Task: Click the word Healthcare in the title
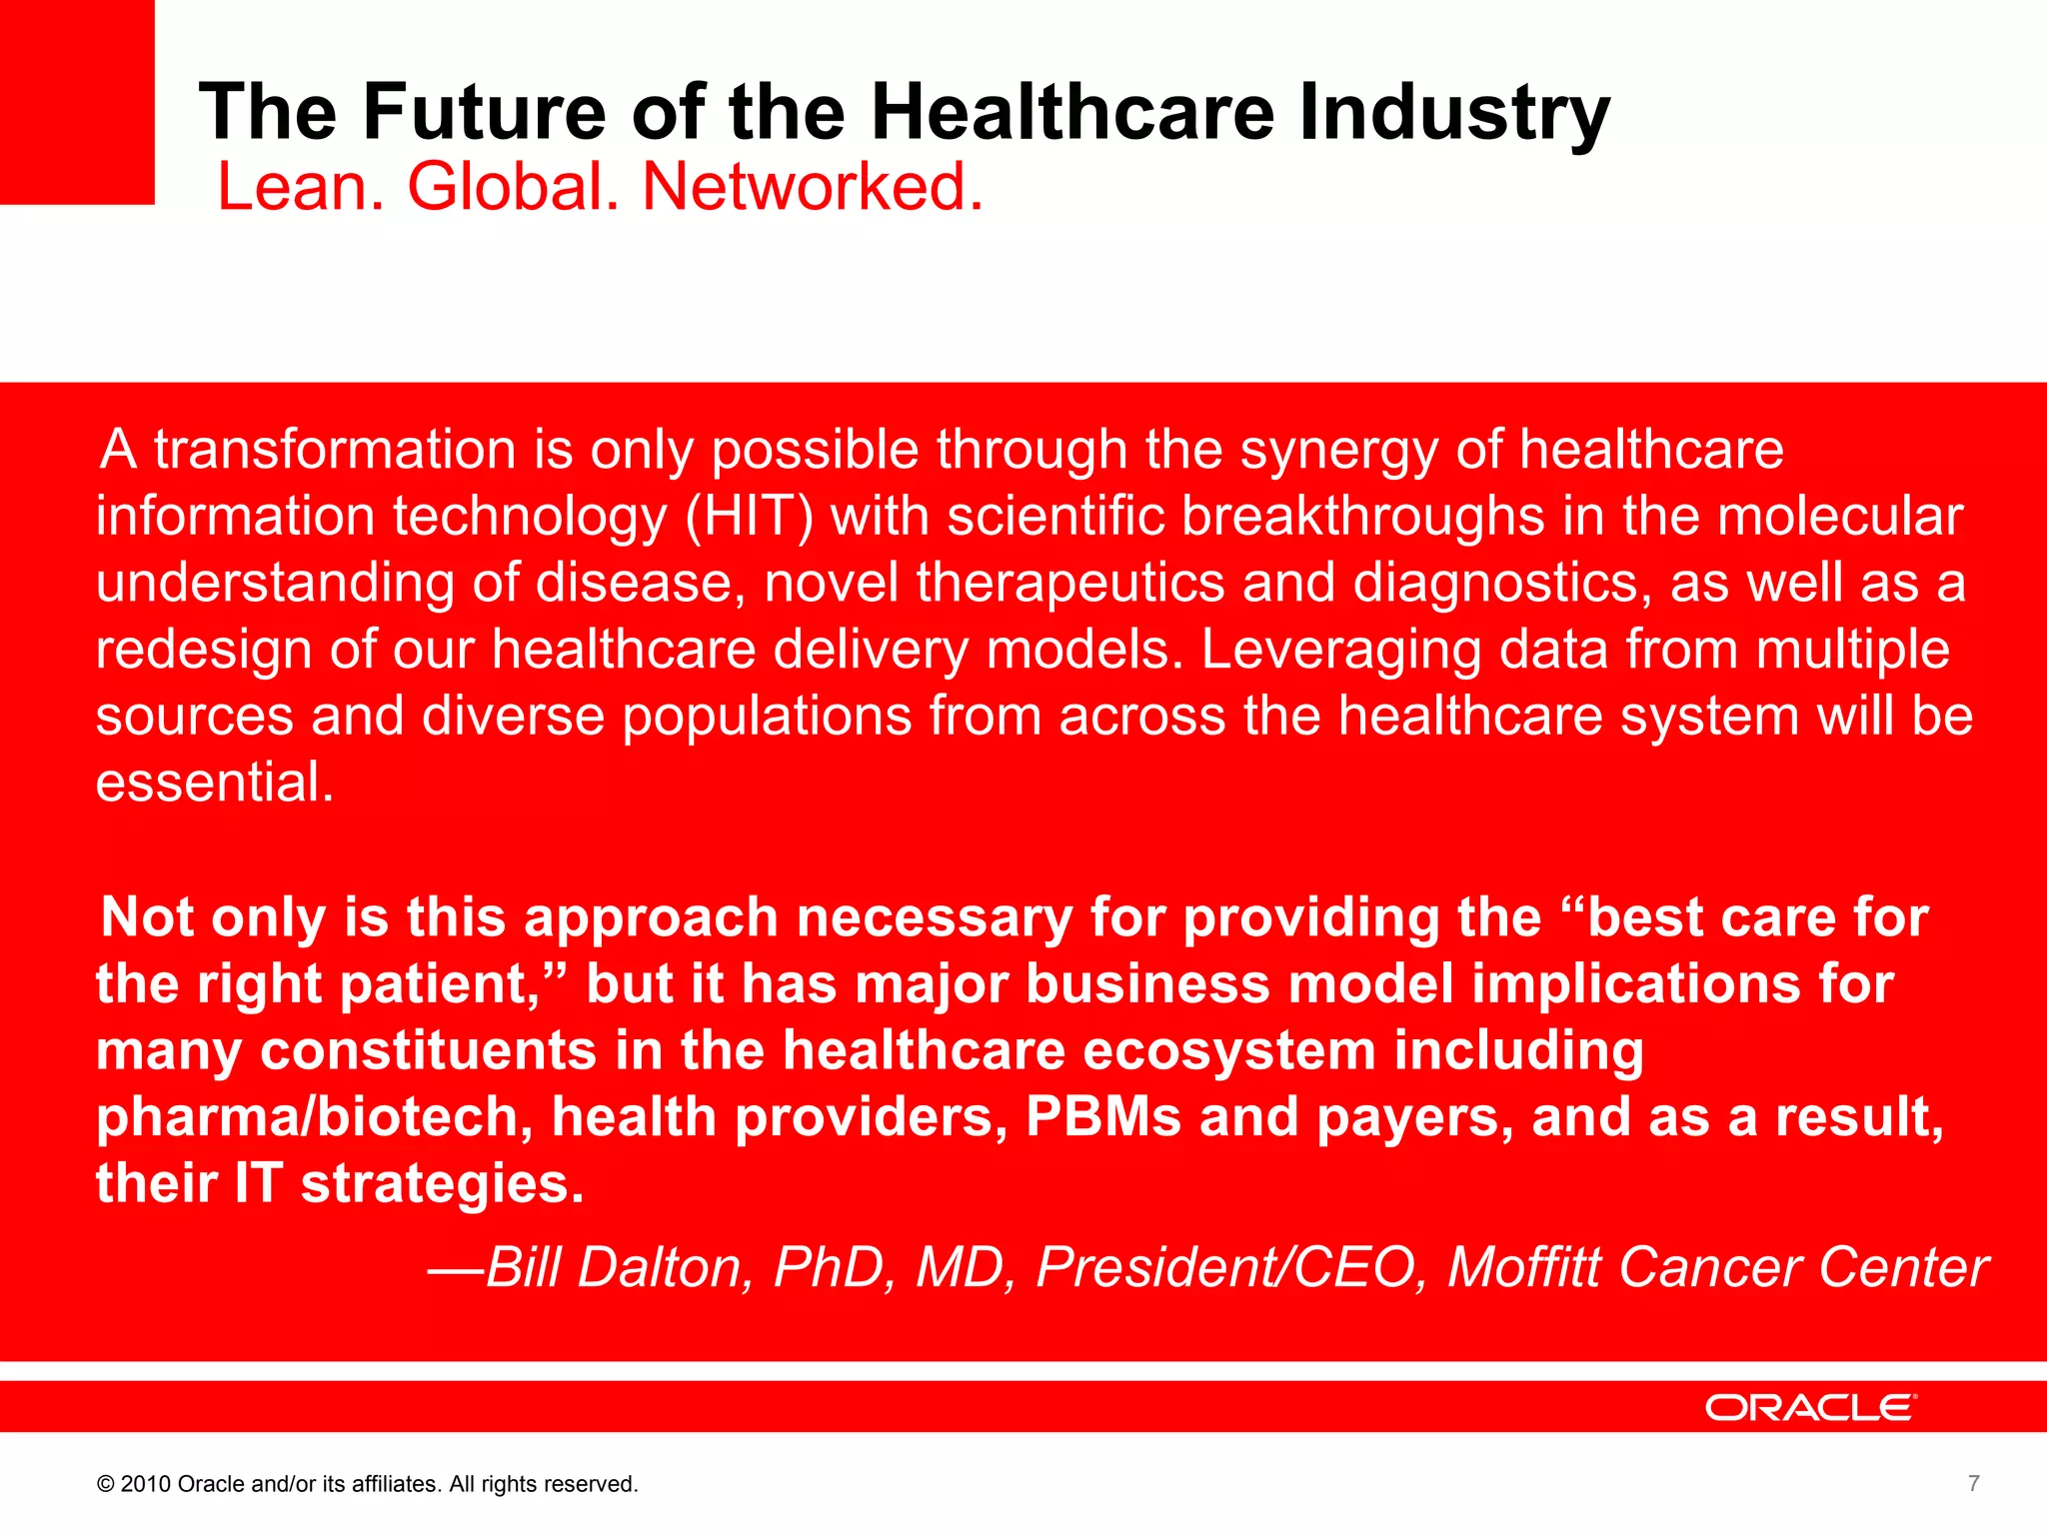[1072, 112]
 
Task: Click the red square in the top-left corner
[77, 100]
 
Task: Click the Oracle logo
[1810, 1407]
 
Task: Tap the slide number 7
[1973, 1483]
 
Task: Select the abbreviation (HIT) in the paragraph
[749, 517]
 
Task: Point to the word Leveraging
[1340, 651]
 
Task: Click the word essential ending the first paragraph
[214, 782]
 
